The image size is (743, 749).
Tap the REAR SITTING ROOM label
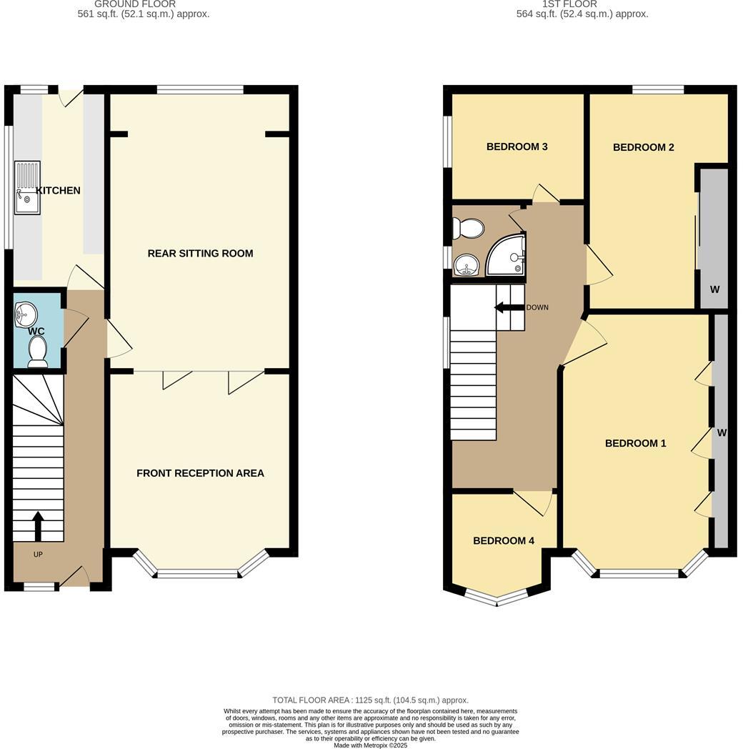tap(200, 253)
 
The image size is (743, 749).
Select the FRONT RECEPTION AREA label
tap(200, 473)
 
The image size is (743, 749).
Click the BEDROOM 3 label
tap(517, 147)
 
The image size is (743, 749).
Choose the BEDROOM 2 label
tap(643, 148)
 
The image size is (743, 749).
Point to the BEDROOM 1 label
tap(635, 443)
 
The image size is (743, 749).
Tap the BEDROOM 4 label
tap(504, 541)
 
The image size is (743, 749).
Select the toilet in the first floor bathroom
tap(468, 228)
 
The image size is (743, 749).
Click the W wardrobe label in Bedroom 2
tap(714, 289)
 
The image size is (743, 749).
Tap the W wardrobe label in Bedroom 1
tap(721, 432)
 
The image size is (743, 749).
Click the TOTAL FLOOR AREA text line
tap(370, 700)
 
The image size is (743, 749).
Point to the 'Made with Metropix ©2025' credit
tap(370, 745)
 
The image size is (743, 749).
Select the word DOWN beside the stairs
tap(537, 307)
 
